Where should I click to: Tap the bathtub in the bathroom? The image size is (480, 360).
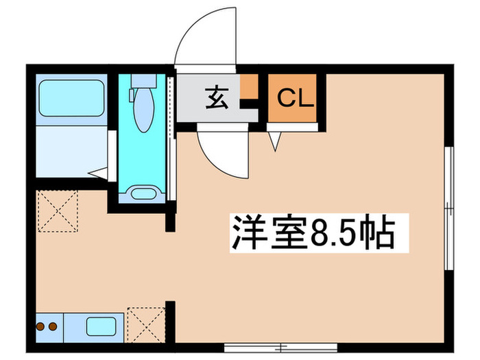click(x=71, y=98)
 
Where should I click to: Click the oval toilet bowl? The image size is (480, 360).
click(x=143, y=110)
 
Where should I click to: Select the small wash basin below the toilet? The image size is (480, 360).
click(x=143, y=193)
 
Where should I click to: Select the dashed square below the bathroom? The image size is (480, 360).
click(x=58, y=212)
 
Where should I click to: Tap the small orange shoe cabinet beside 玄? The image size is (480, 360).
click(x=249, y=88)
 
